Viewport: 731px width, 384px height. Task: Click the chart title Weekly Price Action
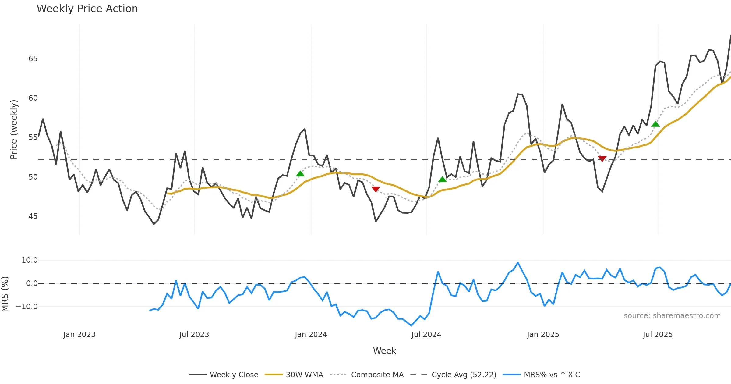tap(87, 9)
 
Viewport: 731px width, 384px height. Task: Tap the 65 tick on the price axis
tap(33, 59)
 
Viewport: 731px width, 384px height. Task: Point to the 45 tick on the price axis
tap(33, 216)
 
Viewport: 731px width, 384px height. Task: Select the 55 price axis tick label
tap(33, 137)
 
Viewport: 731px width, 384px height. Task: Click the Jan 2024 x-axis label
tap(311, 335)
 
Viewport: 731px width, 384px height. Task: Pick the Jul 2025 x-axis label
tap(658, 335)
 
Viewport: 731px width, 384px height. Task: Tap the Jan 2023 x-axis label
tap(79, 335)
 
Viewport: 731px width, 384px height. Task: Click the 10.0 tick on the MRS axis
tap(29, 260)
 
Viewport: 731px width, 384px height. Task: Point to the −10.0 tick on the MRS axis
tap(27, 307)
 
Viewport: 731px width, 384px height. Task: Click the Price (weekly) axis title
tap(14, 130)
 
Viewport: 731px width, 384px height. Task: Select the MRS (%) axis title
tap(5, 294)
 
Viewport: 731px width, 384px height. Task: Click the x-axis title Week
tap(384, 351)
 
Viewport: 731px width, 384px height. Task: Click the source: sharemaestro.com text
tap(672, 316)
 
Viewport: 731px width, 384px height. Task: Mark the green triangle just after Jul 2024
tap(442, 180)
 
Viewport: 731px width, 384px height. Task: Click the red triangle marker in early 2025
tap(602, 158)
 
